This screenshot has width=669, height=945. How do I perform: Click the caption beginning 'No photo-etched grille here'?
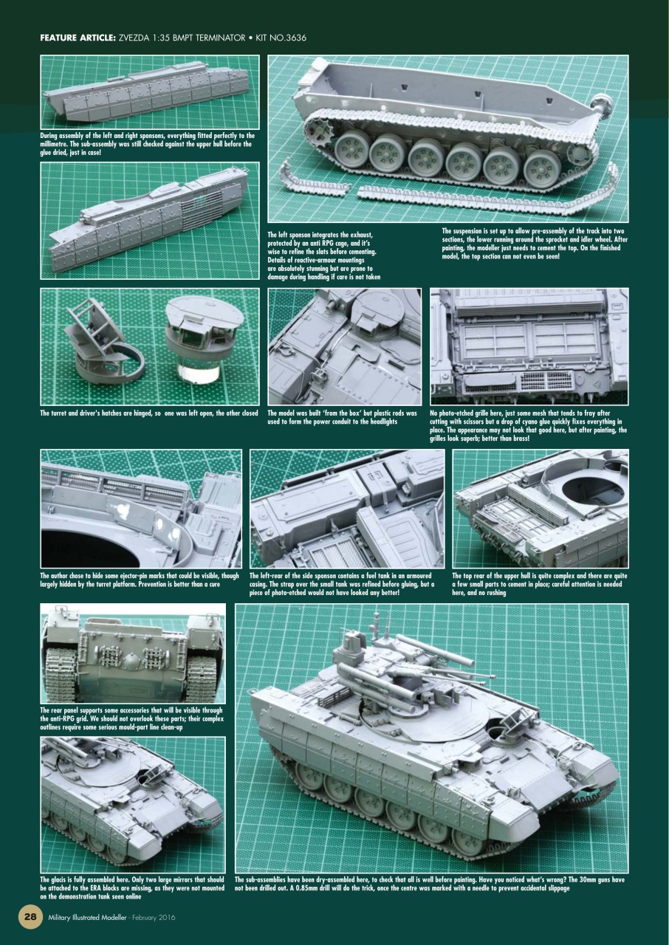pos(529,425)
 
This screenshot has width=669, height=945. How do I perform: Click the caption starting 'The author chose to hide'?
pos(140,580)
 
